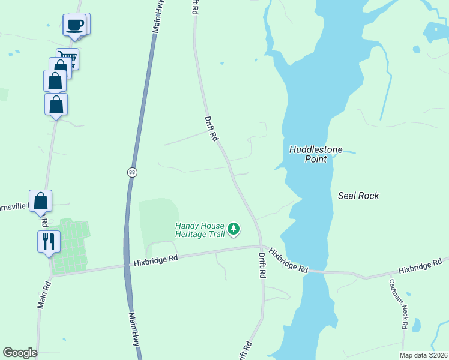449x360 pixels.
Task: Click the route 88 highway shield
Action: click(132, 172)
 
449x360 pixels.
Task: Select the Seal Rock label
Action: click(358, 196)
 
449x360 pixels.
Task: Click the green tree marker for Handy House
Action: click(234, 229)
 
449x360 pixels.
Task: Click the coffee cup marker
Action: click(75, 25)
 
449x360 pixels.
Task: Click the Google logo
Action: click(20, 353)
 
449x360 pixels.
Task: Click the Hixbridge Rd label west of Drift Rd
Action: click(156, 260)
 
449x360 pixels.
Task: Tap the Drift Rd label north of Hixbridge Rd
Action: click(211, 128)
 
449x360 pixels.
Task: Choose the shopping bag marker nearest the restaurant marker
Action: click(41, 201)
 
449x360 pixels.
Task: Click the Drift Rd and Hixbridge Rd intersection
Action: click(261, 245)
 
